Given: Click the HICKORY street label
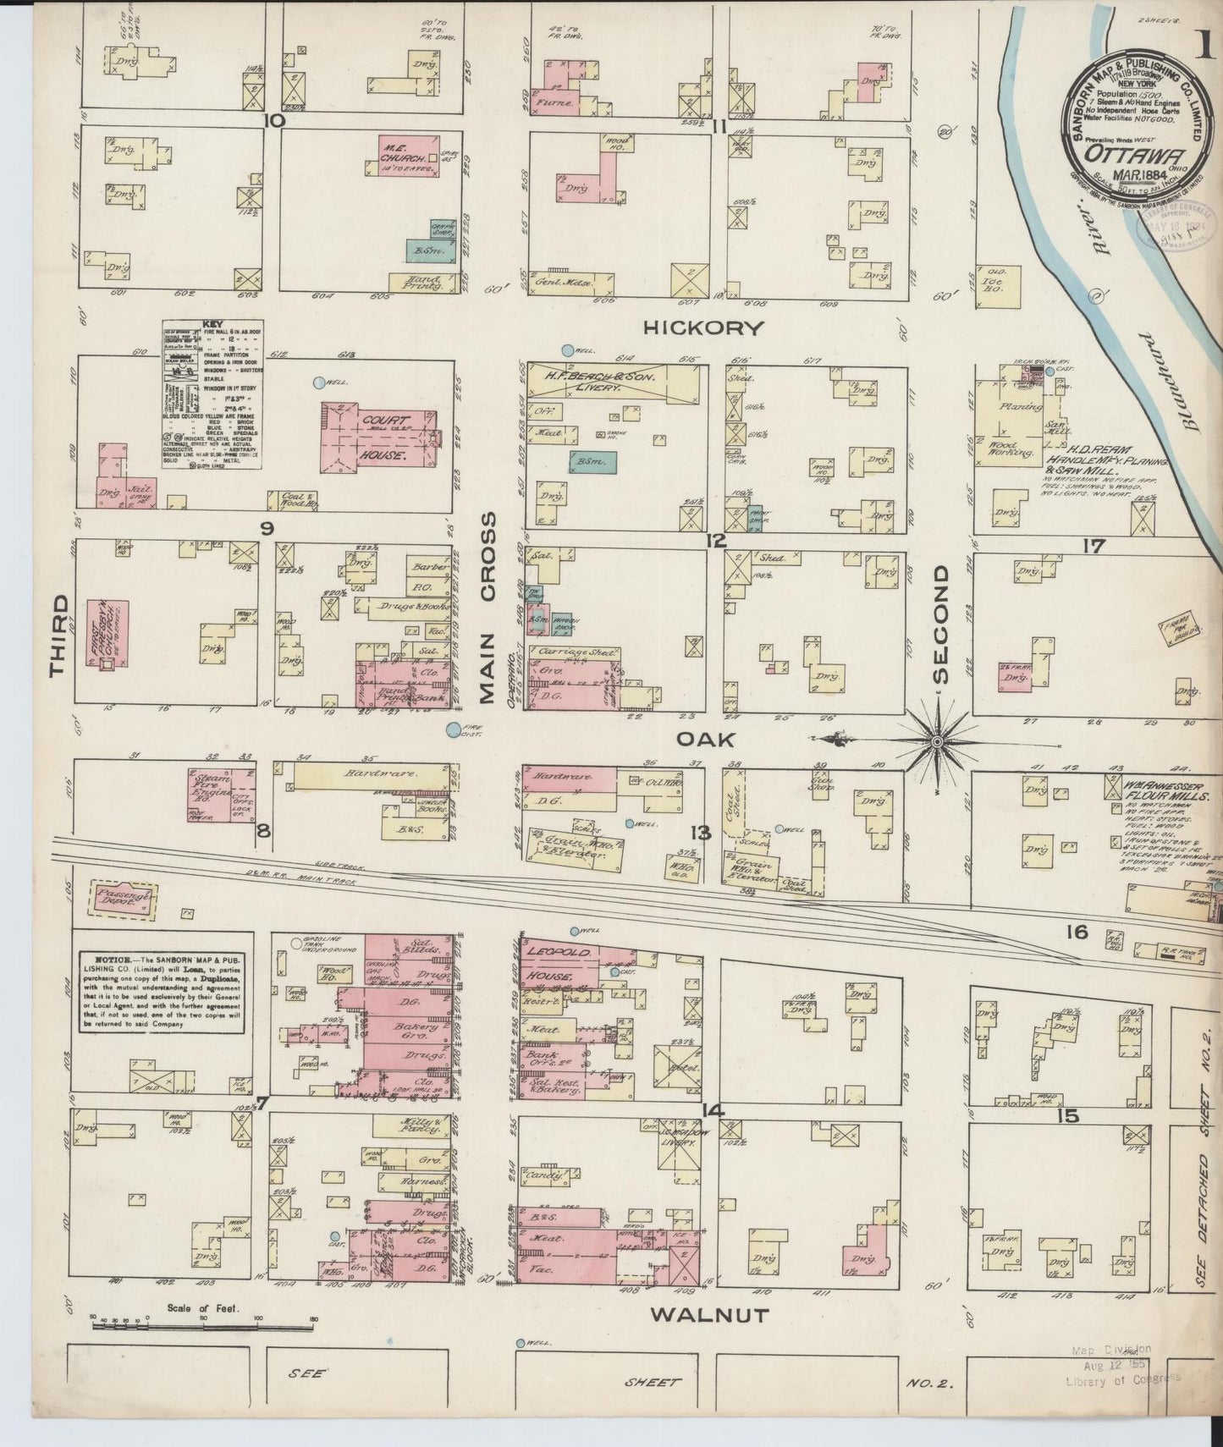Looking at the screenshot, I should click(x=703, y=327).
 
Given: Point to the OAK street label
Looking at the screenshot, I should click(x=705, y=739).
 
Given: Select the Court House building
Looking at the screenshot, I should click(x=377, y=436).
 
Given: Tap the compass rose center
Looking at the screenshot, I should click(x=937, y=741).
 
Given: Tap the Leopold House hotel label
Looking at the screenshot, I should click(x=550, y=963).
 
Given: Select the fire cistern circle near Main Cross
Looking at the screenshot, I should click(x=454, y=728).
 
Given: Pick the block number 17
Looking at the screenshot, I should click(x=1093, y=547).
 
